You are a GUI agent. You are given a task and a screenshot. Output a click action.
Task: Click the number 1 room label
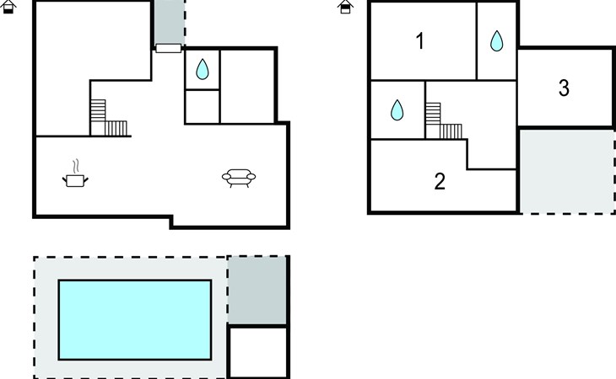pyautogui.click(x=420, y=41)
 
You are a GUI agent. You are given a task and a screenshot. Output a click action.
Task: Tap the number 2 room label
pyautogui.click(x=440, y=181)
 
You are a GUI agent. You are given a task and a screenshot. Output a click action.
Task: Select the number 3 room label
pyautogui.click(x=564, y=88)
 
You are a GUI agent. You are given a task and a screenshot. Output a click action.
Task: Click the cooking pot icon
pyautogui.click(x=75, y=179)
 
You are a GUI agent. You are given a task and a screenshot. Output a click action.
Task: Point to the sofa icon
pyautogui.click(x=239, y=177)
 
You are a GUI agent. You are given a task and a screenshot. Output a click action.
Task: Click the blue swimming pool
pyautogui.click(x=134, y=318)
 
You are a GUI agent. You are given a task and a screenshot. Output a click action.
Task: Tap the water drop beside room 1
pyautogui.click(x=497, y=40)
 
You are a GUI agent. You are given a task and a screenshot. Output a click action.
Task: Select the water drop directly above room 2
pyautogui.click(x=397, y=109)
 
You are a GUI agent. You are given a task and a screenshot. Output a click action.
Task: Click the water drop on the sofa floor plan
pyautogui.click(x=203, y=69)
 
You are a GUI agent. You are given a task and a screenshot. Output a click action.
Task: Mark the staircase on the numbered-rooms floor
pyautogui.click(x=444, y=122)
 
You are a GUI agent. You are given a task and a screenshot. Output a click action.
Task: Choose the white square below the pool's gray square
pyautogui.click(x=258, y=351)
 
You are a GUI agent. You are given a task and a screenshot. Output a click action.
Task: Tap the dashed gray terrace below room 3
pyautogui.click(x=565, y=171)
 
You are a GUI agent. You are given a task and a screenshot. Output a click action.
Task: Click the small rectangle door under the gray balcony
pyautogui.click(x=169, y=48)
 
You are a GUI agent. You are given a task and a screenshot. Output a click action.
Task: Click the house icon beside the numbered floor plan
pyautogui.click(x=346, y=7)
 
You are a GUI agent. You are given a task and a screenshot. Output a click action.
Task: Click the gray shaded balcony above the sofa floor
pyautogui.click(x=169, y=22)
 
